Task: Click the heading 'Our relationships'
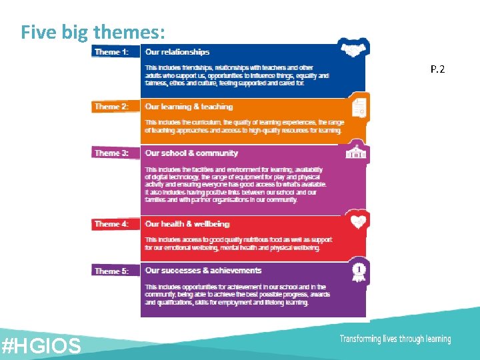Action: click(177, 52)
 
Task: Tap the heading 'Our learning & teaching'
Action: click(189, 107)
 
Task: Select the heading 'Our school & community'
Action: click(191, 153)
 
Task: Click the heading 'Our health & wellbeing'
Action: click(187, 225)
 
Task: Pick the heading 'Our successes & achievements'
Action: click(203, 271)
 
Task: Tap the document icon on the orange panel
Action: click(359, 107)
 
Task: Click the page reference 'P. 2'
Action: click(437, 69)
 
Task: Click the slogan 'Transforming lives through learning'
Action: click(395, 339)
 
